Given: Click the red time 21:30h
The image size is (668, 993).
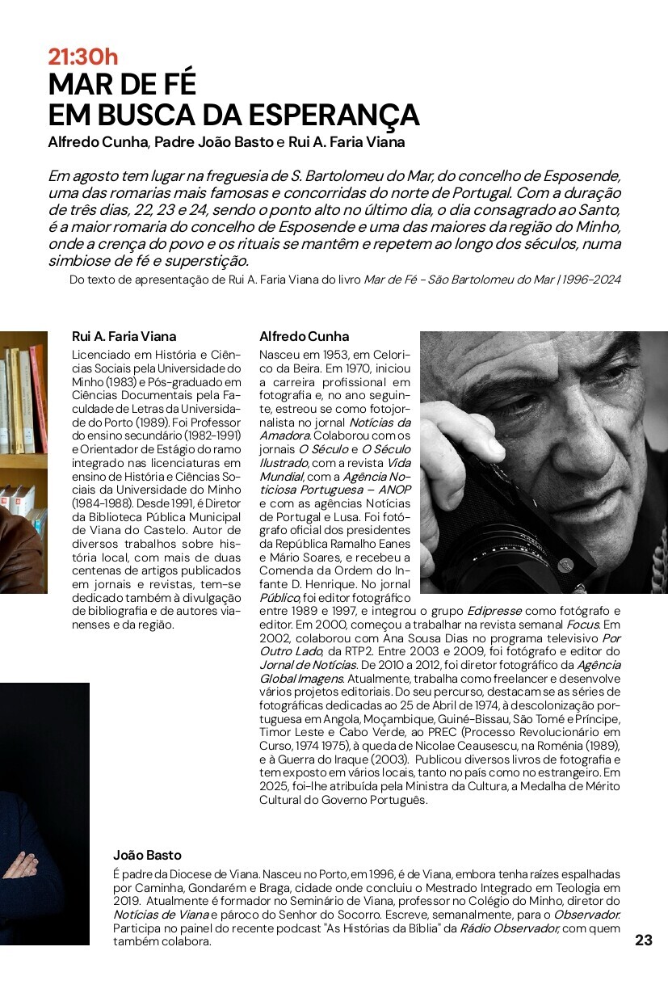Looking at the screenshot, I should (83, 57).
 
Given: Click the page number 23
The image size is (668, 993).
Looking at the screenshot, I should (643, 940).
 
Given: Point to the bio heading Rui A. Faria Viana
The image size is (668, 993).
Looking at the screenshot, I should (124, 336).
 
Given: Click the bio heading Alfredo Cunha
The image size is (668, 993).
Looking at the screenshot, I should (304, 336).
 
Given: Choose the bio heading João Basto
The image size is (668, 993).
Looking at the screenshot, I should (147, 855).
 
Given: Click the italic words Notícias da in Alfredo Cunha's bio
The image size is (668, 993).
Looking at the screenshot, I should (380, 423).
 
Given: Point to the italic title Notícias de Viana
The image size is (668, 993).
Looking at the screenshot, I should (162, 915).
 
